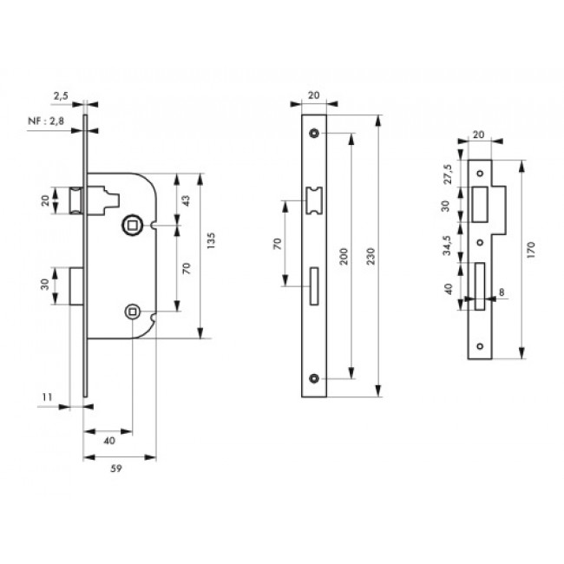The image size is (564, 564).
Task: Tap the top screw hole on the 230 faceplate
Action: pyautogui.click(x=313, y=134)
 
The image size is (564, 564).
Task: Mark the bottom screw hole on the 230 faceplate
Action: pyautogui.click(x=313, y=378)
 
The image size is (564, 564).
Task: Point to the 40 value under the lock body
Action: pyautogui.click(x=109, y=441)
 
